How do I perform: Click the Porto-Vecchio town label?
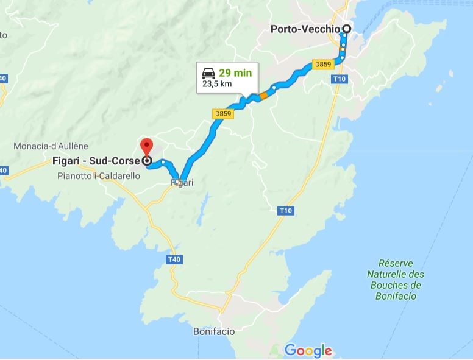306,29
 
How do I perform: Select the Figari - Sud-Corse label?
96,162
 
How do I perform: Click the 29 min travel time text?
235,73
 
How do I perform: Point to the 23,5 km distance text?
217,84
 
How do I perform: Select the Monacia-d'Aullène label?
51,146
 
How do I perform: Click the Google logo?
308,350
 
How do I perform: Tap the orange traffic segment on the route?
263,95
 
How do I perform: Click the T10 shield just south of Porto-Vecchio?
340,79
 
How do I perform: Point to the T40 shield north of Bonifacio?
174,260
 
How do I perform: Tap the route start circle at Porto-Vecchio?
347,29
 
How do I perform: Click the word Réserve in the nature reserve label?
396,264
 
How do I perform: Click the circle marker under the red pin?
146,161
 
